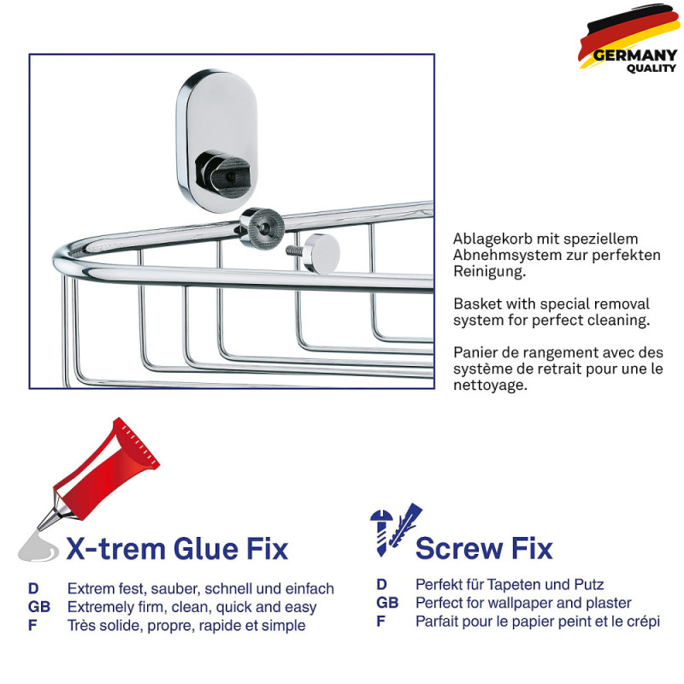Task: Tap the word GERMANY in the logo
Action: click(x=635, y=56)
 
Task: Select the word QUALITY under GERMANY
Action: click(x=652, y=68)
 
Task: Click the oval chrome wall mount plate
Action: click(x=217, y=141)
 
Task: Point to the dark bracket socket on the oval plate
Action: click(x=223, y=174)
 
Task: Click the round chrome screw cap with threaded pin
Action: click(x=314, y=253)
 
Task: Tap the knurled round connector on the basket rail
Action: click(x=262, y=228)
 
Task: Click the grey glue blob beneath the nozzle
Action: click(x=38, y=547)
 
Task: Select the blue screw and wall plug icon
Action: click(x=395, y=529)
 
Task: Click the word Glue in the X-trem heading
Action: click(x=206, y=548)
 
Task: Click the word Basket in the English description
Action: click(x=478, y=304)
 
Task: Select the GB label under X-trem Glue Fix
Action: click(x=38, y=607)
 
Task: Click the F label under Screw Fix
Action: click(x=380, y=622)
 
